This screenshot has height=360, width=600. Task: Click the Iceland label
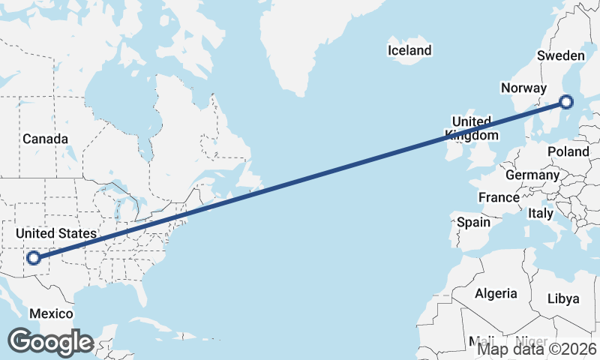[409, 51]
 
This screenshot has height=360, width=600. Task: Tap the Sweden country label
[561, 56]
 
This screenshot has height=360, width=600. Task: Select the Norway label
[523, 88]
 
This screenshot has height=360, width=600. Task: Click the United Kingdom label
[472, 128]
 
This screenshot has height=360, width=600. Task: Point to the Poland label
[568, 151]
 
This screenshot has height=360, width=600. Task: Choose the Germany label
[532, 175]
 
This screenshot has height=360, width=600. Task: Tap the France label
[499, 197]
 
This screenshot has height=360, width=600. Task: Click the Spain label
[473, 222]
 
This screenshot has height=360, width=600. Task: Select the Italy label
[541, 213]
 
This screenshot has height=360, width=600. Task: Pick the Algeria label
[496, 293]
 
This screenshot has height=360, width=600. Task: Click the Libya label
[563, 298]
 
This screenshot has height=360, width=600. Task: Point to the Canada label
[45, 139]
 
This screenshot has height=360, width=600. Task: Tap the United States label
[56, 234]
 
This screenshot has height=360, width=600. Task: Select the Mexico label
[51, 313]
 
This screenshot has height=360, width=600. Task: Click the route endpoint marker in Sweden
[566, 101]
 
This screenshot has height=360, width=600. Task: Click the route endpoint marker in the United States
[33, 259]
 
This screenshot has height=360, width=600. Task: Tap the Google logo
[50, 342]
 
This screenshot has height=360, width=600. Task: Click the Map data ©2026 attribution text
[537, 348]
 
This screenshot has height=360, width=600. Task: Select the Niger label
[531, 341]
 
